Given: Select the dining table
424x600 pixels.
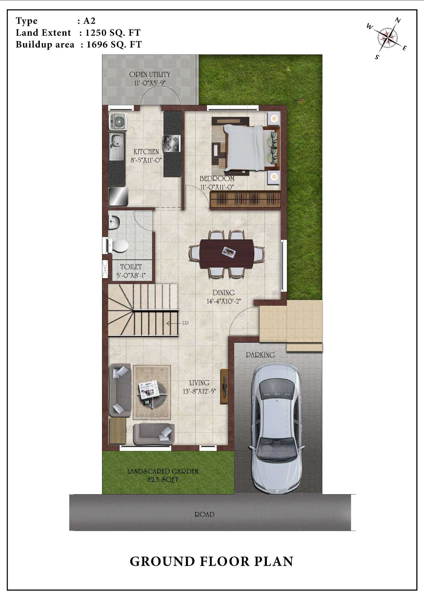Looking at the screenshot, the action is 226,254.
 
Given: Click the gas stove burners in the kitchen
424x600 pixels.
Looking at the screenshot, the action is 172,143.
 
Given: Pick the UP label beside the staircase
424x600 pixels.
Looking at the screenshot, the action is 185,323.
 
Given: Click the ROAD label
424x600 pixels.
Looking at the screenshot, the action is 204,514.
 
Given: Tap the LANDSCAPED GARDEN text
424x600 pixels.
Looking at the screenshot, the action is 163,471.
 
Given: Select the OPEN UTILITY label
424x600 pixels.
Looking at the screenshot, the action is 150,74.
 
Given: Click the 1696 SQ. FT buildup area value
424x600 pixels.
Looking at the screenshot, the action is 114,44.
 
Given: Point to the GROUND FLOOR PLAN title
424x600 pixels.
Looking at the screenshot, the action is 211,562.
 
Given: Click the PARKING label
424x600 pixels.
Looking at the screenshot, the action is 260,355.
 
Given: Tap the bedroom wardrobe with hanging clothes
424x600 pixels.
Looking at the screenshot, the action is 245,199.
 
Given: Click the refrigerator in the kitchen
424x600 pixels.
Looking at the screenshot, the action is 118,196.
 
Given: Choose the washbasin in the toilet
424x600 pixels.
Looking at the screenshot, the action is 114,221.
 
